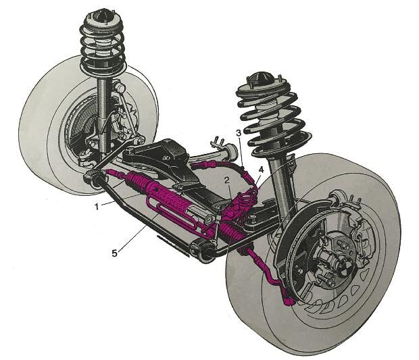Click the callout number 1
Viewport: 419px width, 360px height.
(97, 206)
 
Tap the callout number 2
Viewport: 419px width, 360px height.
(227, 181)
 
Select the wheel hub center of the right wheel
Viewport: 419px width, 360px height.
(333, 258)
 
